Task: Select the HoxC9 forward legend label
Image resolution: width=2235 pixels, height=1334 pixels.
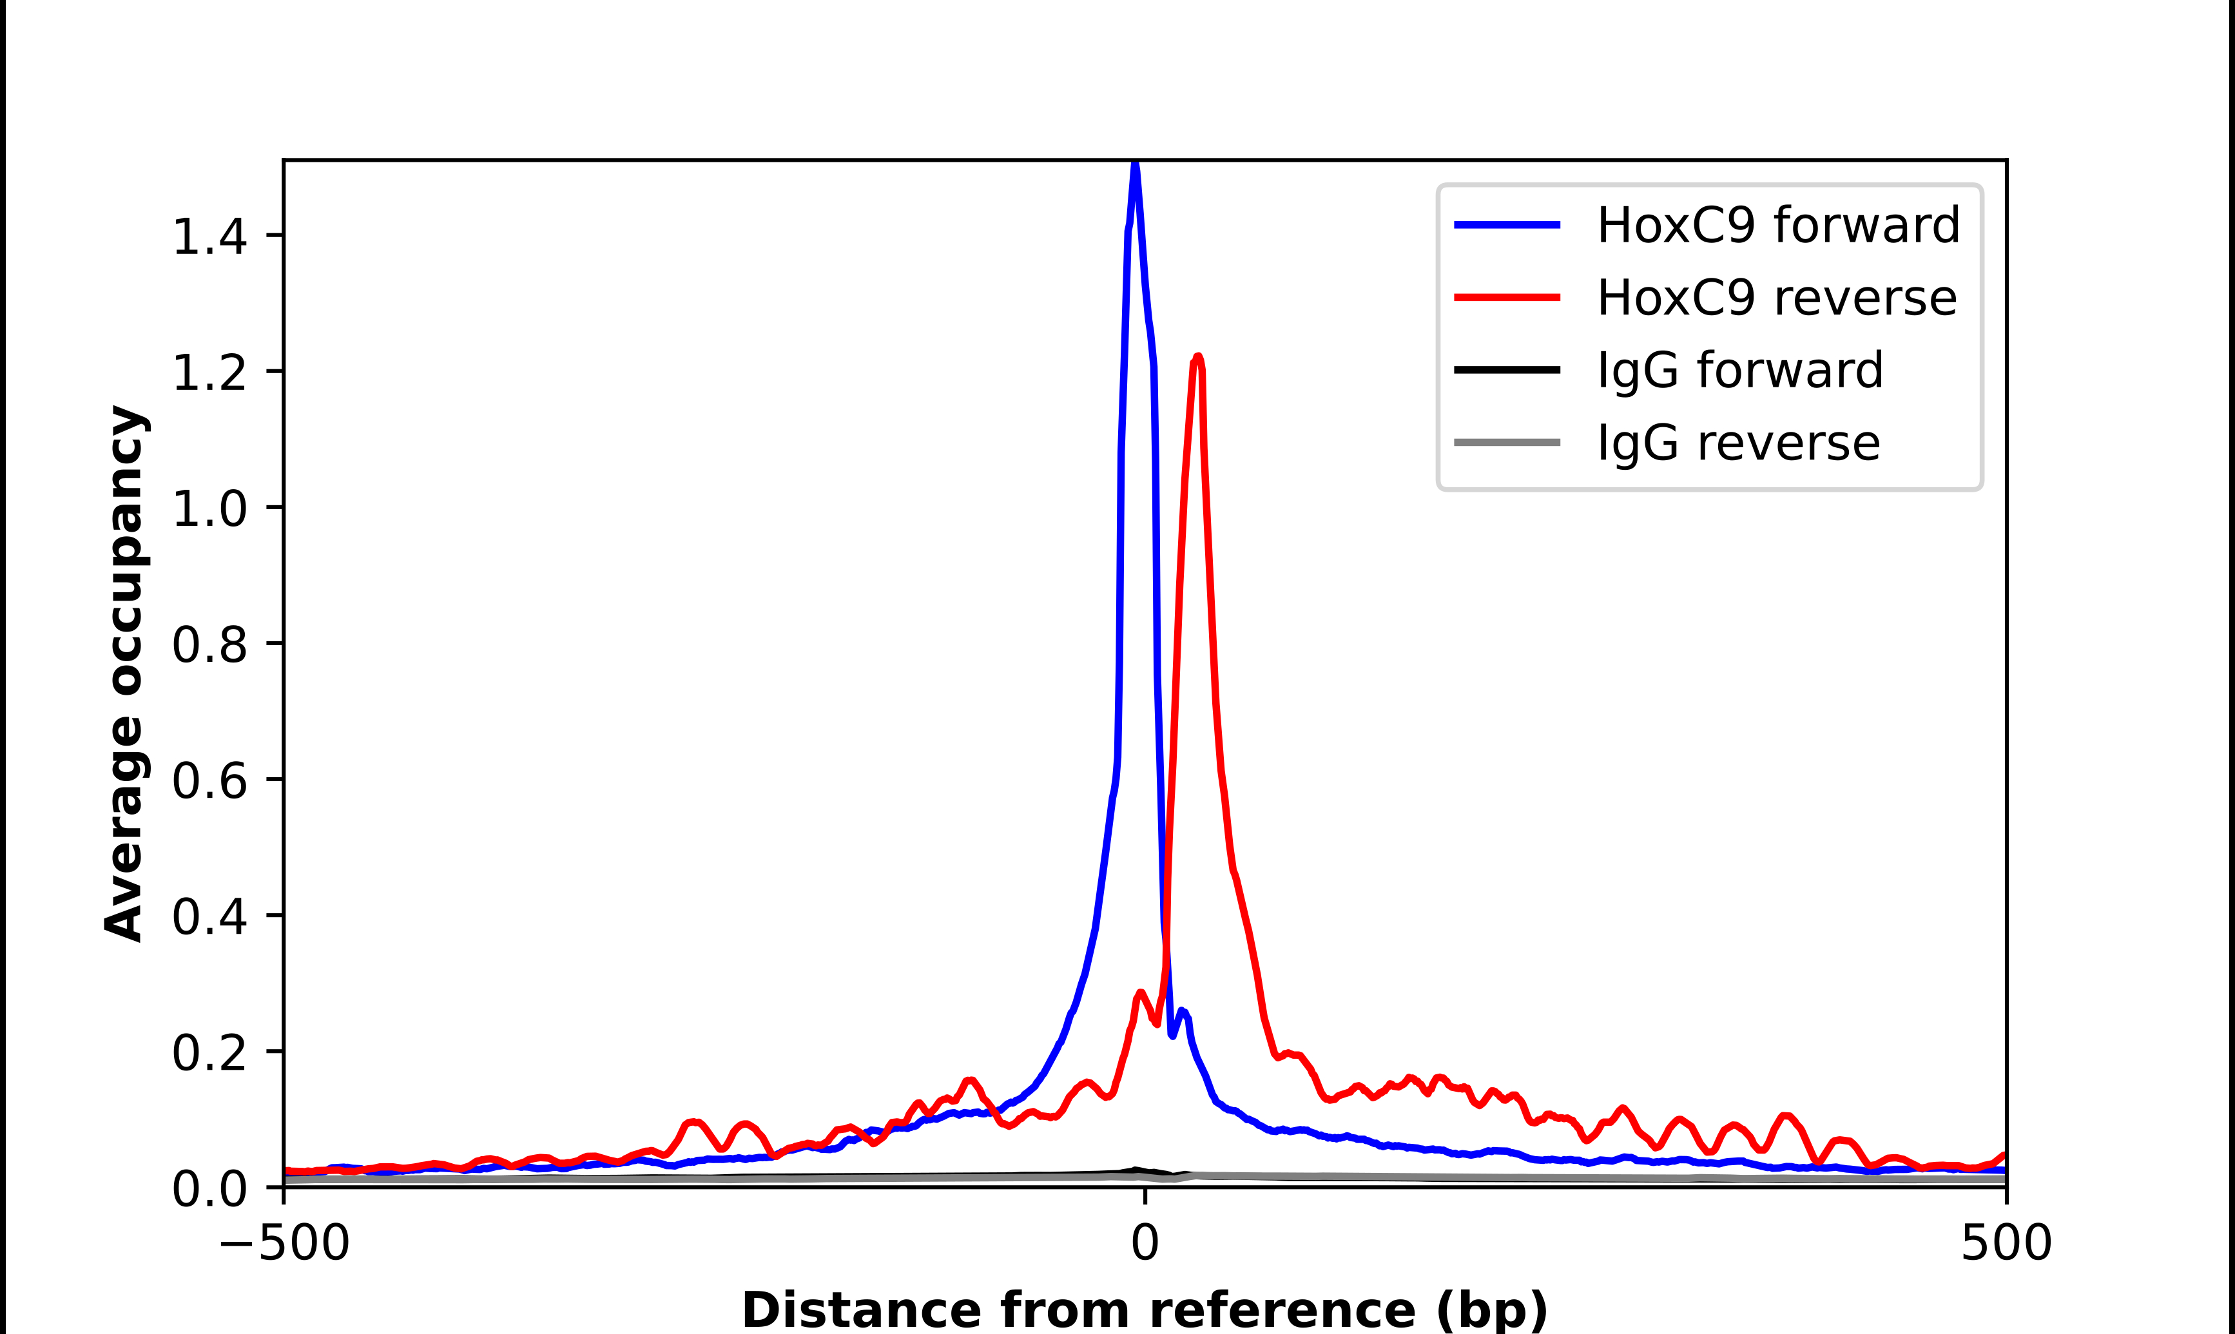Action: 1777,225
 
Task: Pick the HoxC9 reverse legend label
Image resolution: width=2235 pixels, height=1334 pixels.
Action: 1775,298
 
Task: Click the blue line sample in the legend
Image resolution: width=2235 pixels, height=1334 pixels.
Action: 1506,225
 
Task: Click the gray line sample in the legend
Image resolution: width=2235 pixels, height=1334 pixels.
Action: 1506,442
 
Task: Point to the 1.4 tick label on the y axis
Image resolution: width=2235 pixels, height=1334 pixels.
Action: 209,237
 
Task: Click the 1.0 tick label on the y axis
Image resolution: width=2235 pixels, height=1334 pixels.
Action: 209,509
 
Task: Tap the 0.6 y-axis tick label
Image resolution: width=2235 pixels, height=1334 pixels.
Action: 209,780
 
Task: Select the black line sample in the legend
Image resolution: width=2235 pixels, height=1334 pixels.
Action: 1506,369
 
